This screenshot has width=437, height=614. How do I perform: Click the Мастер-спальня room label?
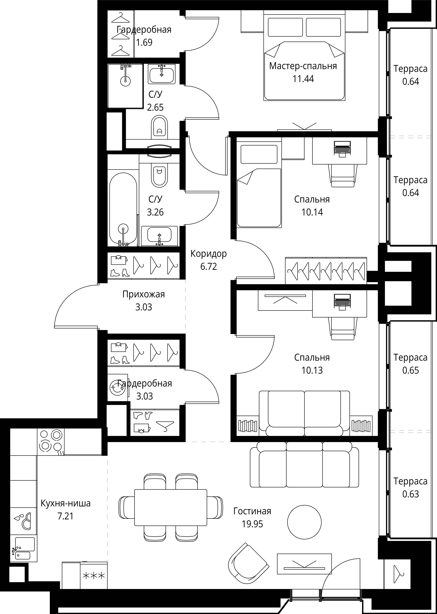[x=303, y=66]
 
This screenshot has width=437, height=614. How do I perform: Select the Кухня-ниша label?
[x=66, y=503]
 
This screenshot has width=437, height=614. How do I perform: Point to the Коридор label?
[x=209, y=253]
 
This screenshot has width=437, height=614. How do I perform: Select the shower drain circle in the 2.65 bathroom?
[x=125, y=81]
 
